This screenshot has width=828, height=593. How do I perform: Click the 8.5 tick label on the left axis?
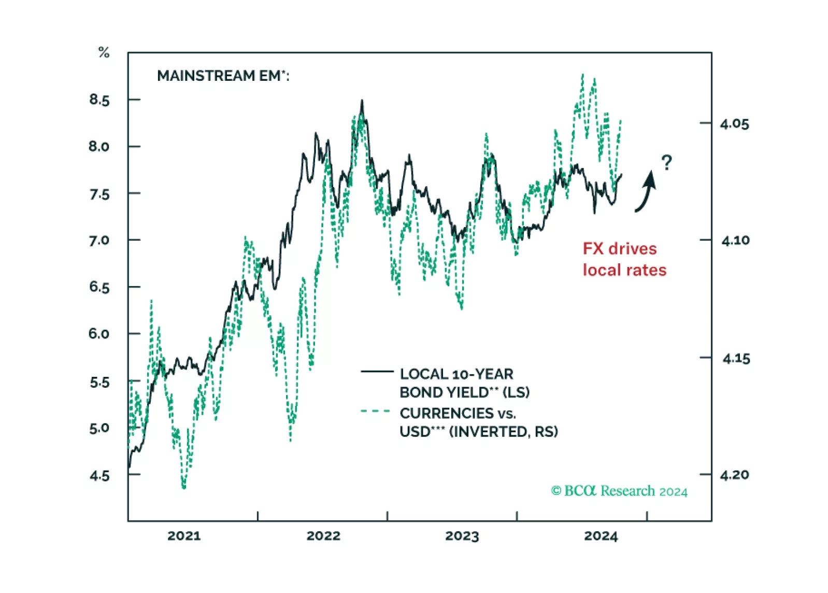[99, 100]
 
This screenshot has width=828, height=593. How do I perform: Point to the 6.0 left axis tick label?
[99, 334]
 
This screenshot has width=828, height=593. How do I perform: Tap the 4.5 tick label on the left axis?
[99, 476]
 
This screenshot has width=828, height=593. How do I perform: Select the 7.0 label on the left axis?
[99, 241]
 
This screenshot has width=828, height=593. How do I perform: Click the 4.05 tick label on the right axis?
[734, 124]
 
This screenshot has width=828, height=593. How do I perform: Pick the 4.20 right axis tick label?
[734, 475]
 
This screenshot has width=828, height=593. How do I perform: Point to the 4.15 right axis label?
[736, 358]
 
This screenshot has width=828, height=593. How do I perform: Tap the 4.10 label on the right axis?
[735, 241]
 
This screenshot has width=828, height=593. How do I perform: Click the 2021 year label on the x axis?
[184, 536]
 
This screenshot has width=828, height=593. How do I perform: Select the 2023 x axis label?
[462, 536]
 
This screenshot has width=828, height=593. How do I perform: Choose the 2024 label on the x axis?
[601, 536]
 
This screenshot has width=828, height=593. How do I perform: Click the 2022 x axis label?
[323, 536]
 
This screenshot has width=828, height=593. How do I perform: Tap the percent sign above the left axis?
[104, 52]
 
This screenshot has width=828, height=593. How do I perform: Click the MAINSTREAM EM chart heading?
[223, 76]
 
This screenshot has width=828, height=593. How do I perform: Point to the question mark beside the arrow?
[667, 163]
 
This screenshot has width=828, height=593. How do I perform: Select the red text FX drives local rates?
[624, 259]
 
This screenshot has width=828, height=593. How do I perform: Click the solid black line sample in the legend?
[377, 372]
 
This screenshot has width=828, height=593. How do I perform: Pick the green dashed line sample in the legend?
[376, 412]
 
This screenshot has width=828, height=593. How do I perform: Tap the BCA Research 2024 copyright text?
[619, 491]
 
